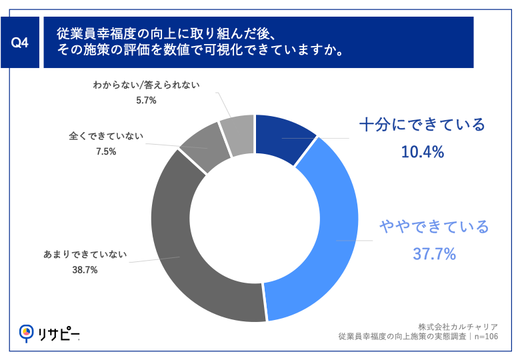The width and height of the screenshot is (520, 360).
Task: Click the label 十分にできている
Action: pyautogui.click(x=422, y=124)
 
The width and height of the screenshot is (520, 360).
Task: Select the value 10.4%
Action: pyautogui.click(x=422, y=152)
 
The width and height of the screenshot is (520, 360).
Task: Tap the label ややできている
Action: pyautogui.click(x=434, y=227)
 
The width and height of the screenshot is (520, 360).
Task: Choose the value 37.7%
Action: pyautogui.click(x=434, y=254)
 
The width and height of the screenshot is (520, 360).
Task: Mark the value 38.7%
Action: pyautogui.click(x=85, y=269)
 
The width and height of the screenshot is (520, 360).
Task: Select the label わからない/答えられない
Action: pyautogui.click(x=147, y=85)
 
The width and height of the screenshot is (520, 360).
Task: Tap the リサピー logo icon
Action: pyautogui.click(x=27, y=331)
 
